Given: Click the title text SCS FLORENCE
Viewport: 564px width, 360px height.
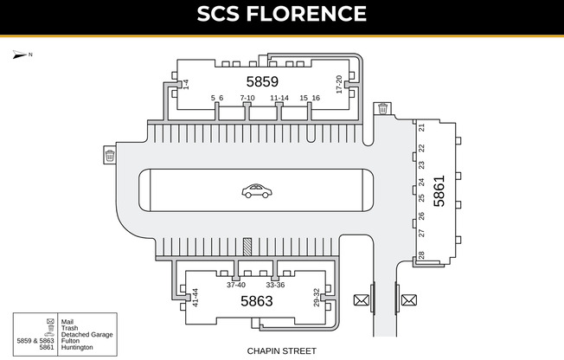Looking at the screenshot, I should point(281,15).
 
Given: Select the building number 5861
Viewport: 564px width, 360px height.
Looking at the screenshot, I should point(439,190).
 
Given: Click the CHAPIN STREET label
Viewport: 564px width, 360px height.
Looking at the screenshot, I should point(281,350).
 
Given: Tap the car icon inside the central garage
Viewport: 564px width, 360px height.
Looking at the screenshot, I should point(255,190).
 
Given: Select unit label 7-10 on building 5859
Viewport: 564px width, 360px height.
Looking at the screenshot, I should point(247,98).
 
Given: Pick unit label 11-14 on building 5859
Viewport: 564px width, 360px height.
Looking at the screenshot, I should point(279,98).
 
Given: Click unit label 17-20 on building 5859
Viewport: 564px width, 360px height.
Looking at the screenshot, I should point(339,84).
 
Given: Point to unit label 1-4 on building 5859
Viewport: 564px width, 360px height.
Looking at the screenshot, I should point(186,84).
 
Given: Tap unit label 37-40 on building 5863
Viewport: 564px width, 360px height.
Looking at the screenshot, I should point(236,285).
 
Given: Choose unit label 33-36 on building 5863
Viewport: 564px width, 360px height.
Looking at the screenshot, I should point(275,285).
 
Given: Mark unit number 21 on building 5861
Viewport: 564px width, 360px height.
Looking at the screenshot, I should point(421,127).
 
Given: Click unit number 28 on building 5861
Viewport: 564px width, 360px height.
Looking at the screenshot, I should point(421,255).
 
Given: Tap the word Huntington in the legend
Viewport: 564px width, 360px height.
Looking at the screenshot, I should point(77,347).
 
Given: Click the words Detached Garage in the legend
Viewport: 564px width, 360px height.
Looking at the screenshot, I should point(84,334).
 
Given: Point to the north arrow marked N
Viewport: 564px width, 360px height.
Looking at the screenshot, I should point(21,55).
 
